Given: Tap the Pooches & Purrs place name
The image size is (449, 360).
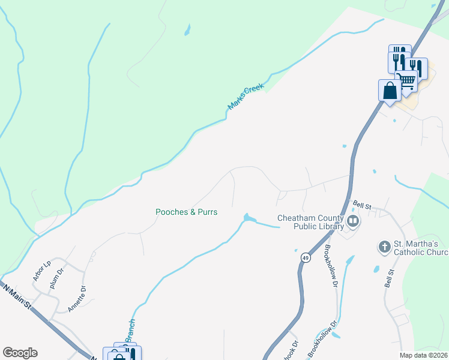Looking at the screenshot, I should click(x=186, y=212).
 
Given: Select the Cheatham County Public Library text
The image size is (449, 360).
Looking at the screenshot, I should click(x=310, y=222).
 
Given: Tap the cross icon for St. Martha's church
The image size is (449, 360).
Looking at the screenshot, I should click(x=384, y=246).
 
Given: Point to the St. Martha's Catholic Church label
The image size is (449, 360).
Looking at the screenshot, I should click(x=421, y=248).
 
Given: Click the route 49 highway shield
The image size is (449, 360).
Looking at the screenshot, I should click(x=306, y=257).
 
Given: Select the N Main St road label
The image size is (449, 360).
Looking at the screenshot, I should click(x=17, y=297).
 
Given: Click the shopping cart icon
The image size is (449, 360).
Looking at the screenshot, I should click(x=407, y=80).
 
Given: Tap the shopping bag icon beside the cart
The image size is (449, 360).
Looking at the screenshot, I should click(x=390, y=91).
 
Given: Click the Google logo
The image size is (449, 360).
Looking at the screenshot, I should click(x=20, y=353).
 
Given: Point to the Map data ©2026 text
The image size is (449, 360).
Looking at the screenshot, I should click(x=424, y=355).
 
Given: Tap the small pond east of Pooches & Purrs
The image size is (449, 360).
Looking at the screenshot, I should click(x=247, y=217).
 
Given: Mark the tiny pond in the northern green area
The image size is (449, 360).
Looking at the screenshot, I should click(x=188, y=29).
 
